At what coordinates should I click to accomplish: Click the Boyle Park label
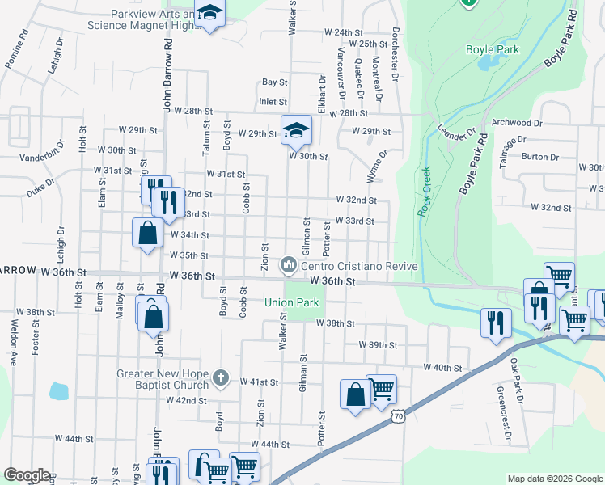pyautogui.click(x=492, y=49)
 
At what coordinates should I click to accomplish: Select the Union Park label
pyautogui.click(x=292, y=303)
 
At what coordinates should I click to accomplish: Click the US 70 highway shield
pyautogui.click(x=396, y=415)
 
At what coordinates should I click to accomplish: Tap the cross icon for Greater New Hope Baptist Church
pyautogui.click(x=221, y=377)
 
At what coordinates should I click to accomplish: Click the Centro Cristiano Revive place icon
pyautogui.click(x=289, y=264)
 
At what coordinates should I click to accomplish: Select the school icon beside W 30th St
pyautogui.click(x=296, y=129)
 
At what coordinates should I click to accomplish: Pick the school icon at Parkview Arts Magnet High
pyautogui.click(x=210, y=15)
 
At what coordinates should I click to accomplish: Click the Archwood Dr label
pyautogui.click(x=516, y=123)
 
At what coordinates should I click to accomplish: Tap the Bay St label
pyautogui.click(x=274, y=82)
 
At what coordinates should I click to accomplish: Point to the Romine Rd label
pyautogui.click(x=16, y=48)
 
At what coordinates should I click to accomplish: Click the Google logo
pyautogui.click(x=26, y=475)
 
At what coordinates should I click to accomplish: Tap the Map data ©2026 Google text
pyautogui.click(x=553, y=478)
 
